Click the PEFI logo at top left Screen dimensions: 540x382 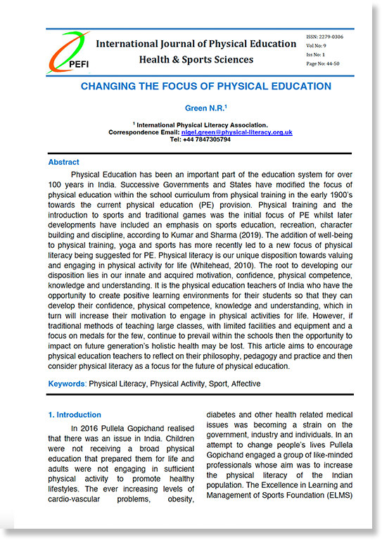coord(68,54)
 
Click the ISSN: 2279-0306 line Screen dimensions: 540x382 coord(324,36)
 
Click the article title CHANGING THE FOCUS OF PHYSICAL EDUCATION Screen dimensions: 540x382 coord(205,87)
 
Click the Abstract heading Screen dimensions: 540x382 coord(63,163)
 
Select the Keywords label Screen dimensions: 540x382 coord(67,384)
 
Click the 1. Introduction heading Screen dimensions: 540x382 coord(74,415)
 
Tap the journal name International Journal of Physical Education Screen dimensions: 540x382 coord(196,44)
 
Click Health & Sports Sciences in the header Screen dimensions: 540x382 coord(196,60)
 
